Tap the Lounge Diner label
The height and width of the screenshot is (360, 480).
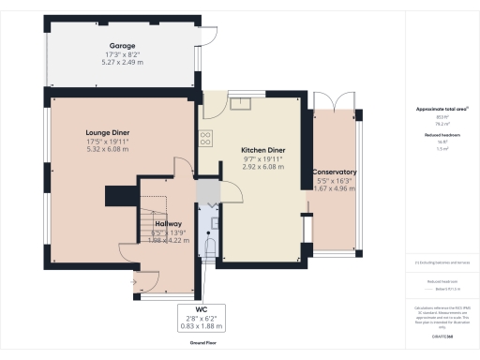pyautogui.click(x=106, y=134)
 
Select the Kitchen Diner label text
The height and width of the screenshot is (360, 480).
pyautogui.click(x=262, y=151)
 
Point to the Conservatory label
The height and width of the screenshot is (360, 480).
pyautogui.click(x=335, y=172)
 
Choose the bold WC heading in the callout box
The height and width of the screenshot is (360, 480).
pyautogui.click(x=202, y=308)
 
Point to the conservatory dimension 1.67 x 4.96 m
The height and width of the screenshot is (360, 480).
pyautogui.click(x=335, y=187)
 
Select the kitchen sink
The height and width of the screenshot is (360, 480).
pyautogui.click(x=245, y=101)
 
